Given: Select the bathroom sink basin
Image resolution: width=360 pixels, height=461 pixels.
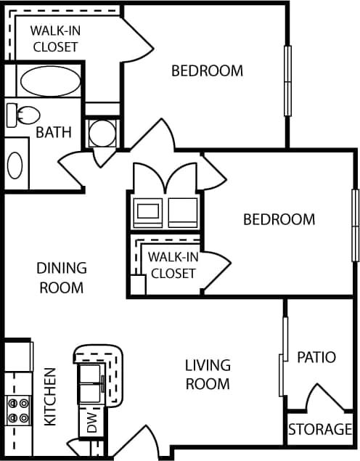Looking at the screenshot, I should [15, 165].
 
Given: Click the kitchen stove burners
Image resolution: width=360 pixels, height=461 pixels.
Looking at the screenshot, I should [17, 409].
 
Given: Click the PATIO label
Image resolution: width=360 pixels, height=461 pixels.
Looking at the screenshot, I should [316, 357].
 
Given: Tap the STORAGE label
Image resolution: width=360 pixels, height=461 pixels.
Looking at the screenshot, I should [320, 430].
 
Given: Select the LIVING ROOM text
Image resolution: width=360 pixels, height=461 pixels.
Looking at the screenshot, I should [208, 374].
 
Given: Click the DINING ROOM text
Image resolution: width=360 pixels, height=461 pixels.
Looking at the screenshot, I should [62, 277].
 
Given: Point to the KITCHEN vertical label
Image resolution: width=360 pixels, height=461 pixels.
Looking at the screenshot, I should [50, 396].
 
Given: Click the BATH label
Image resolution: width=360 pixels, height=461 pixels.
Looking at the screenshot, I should [54, 132].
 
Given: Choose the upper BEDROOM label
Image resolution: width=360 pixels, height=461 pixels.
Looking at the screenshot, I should [207, 70].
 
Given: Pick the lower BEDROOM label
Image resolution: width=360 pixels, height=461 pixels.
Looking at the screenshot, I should [279, 219].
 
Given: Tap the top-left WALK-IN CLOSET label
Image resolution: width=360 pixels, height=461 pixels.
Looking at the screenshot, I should [54, 38].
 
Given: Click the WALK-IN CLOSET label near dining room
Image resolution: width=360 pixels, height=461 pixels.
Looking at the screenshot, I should [173, 264].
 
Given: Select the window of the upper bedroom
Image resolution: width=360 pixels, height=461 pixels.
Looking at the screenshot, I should [287, 81].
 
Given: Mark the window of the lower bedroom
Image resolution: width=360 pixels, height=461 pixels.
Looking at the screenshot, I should [356, 224].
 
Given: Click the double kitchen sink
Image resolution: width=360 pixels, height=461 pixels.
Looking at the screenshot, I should [91, 384].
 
